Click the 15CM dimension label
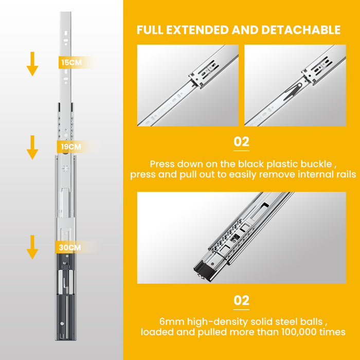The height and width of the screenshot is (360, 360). coord(71,62)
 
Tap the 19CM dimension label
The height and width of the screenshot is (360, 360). coord(71,147)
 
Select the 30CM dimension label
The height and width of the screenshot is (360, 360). coord(70,247)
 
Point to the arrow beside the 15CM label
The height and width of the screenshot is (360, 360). coord(32,64)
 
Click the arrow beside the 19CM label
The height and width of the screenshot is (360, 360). coord(32,148)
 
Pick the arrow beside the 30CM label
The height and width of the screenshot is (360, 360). coord(32,247)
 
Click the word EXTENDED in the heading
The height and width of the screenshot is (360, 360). coord(197,30)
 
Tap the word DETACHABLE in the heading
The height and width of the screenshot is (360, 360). coord(301,30)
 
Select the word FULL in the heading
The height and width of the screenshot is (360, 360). coord(150,30)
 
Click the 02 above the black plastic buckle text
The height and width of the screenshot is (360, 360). coord(241,141)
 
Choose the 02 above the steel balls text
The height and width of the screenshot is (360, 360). coord(241,300)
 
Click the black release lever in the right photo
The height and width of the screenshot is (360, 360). coord(292,92)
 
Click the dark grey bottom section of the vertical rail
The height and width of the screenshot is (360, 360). coord(65,297)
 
